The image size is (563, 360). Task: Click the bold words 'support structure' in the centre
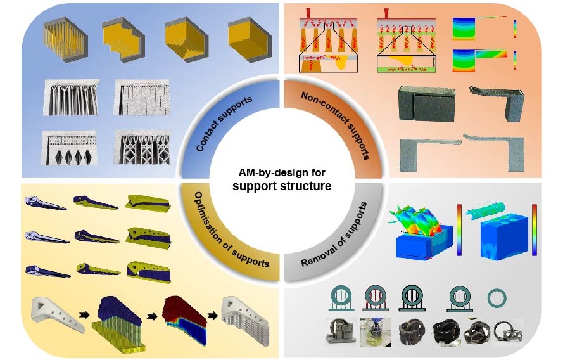pos(281,186)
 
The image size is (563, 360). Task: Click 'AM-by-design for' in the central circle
pos(281,173)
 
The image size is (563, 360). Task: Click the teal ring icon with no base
pos(498,298)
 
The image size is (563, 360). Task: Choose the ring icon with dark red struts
pos(375,297)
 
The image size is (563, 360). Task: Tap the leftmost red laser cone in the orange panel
pos(308,13)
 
